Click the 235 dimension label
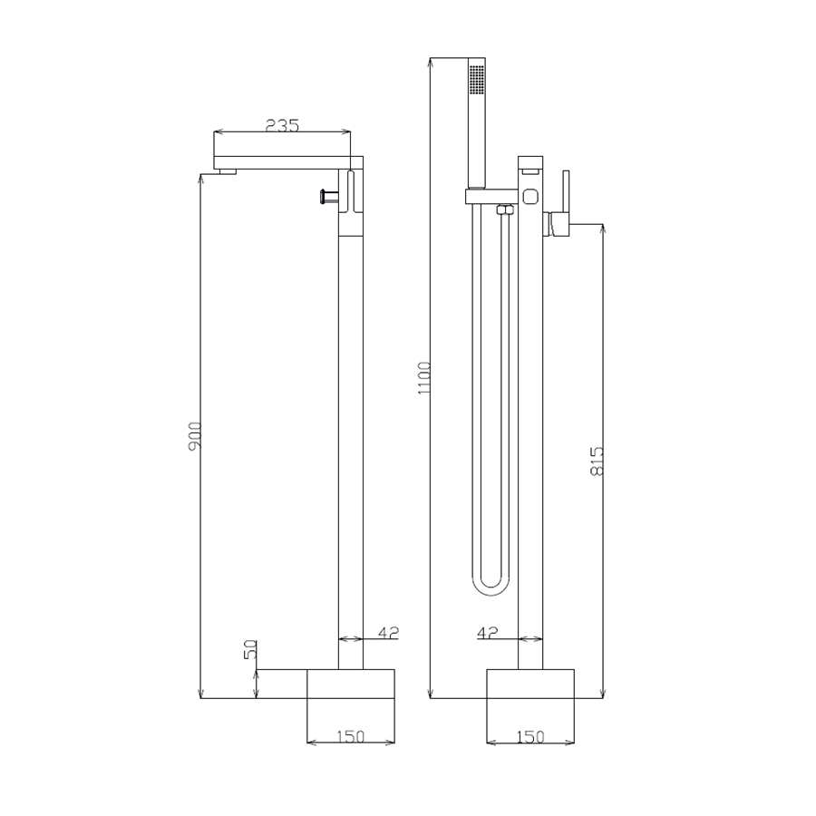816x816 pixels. [x=283, y=125]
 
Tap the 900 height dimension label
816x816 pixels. [x=195, y=436]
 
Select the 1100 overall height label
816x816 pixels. [x=424, y=378]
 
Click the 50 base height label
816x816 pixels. [x=251, y=649]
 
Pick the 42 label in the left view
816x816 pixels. [x=388, y=632]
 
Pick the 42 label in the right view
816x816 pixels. [x=488, y=632]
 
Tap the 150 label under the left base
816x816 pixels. [x=351, y=736]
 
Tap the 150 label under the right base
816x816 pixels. [x=530, y=736]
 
